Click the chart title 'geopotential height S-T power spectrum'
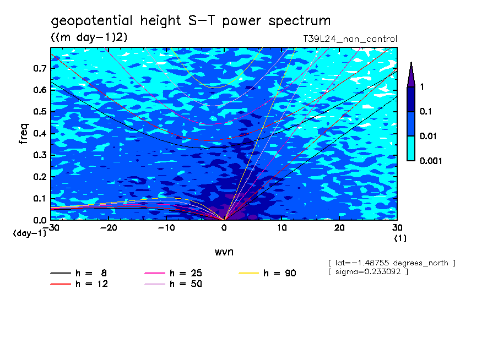click(191, 21)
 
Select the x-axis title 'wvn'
click(224, 252)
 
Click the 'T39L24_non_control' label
click(350, 39)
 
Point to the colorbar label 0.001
click(431, 161)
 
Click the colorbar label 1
click(421, 86)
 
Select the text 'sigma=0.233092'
click(367, 272)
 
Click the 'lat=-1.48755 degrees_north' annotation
click(391, 263)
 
